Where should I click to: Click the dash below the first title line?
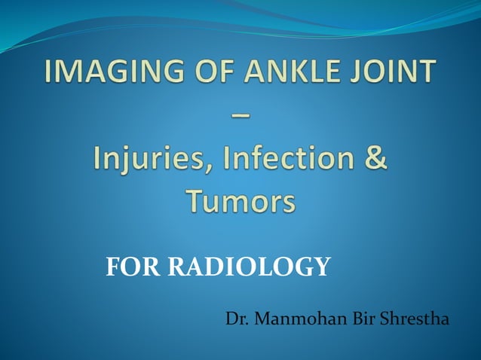point(240,114)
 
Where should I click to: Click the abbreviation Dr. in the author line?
point(237,319)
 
